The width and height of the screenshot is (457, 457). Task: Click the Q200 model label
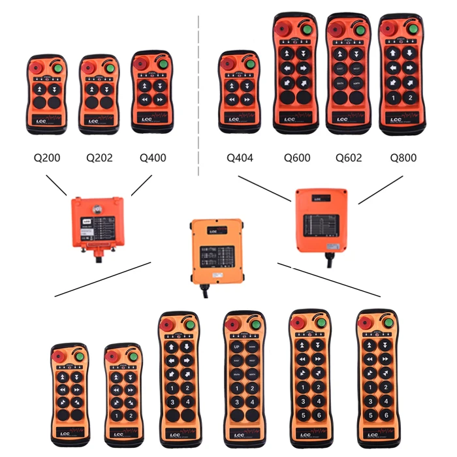coord(47,157)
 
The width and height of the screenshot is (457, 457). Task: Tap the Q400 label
coord(153,157)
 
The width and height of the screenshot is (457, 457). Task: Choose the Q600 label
coord(296,157)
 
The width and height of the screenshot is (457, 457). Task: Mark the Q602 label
coord(349,157)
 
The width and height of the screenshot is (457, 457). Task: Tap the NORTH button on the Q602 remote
coord(356,83)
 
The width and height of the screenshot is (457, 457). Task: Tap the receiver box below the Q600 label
coord(321,220)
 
